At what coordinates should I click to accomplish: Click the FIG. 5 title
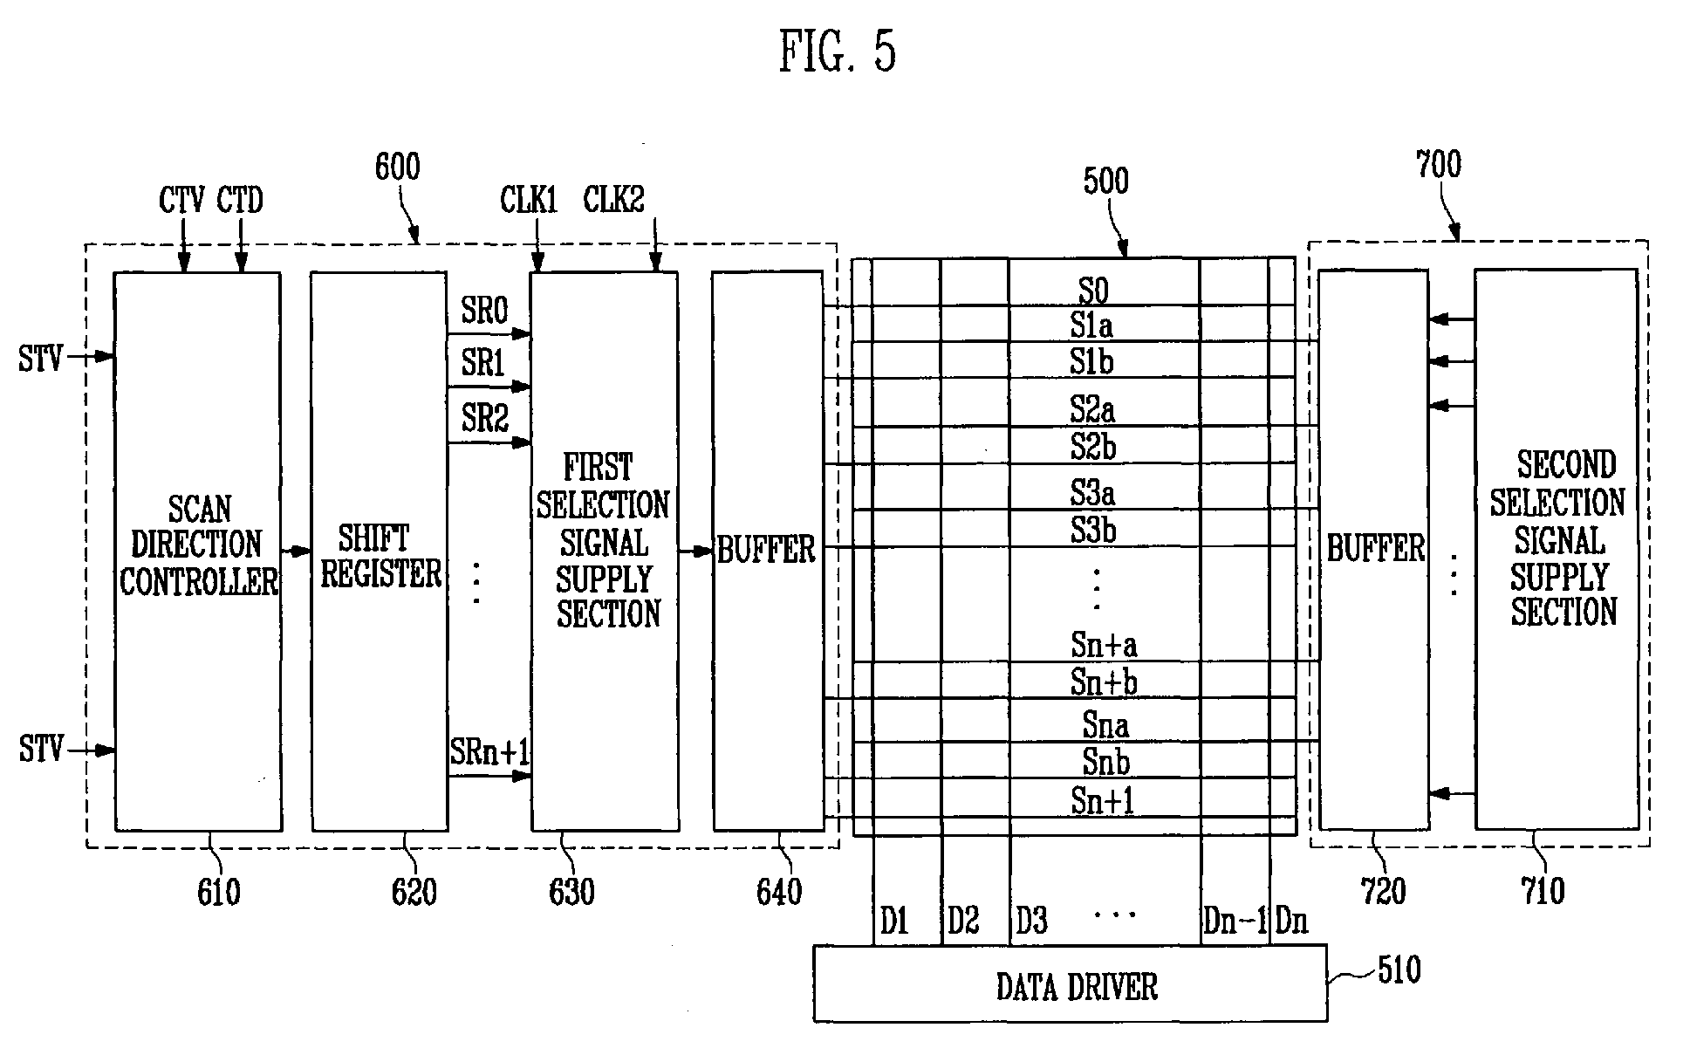click(837, 51)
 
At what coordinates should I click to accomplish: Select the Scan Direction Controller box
click(198, 552)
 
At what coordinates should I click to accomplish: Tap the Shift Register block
click(380, 552)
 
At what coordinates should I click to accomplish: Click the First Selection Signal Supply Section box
click(605, 552)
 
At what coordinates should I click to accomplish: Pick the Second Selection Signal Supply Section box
click(1557, 549)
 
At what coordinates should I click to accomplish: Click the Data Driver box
click(1071, 983)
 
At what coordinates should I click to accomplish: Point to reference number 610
click(218, 892)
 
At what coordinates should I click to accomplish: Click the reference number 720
click(1384, 891)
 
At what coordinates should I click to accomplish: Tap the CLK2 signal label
click(614, 200)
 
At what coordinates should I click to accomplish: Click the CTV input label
click(181, 202)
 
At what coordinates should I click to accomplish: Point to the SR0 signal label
click(484, 312)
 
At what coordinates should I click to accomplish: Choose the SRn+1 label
click(490, 751)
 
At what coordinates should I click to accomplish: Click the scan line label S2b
click(1093, 447)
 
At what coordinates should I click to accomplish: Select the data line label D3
click(1031, 921)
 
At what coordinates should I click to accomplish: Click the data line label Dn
click(1291, 921)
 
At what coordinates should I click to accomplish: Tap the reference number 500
click(1105, 181)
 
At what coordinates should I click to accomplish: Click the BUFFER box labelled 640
click(768, 551)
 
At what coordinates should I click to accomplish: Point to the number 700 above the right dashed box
click(1438, 164)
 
